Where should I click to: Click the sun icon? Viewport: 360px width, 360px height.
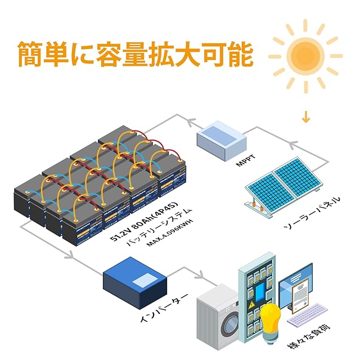tap(305, 55)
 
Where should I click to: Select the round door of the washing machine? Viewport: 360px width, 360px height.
tap(229, 325)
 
